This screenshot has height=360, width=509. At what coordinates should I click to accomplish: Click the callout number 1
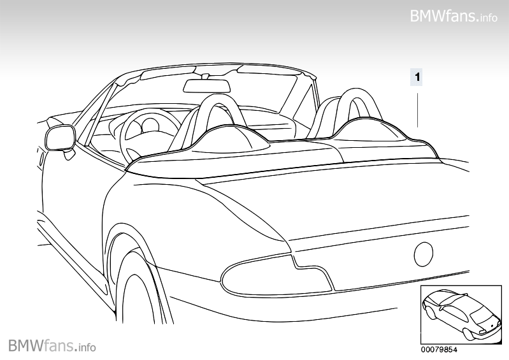coord(417,78)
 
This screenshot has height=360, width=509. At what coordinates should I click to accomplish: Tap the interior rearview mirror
coord(206,86)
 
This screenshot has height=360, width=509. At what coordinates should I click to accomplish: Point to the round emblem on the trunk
coord(424,255)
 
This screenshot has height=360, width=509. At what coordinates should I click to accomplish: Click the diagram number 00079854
coord(440,349)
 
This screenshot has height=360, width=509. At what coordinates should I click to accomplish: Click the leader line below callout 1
coord(417,108)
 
